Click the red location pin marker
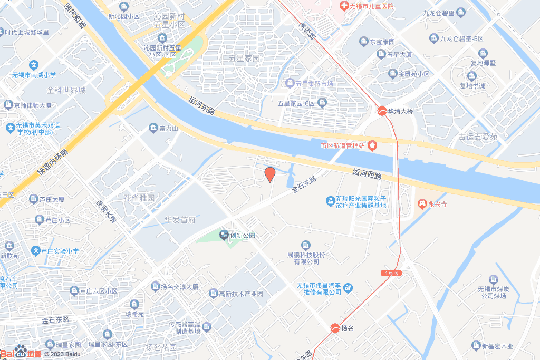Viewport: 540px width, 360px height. point(269,174)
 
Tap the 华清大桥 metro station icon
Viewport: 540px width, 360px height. point(381,111)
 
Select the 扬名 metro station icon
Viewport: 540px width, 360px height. point(335,328)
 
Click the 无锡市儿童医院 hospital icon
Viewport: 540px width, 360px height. point(343,6)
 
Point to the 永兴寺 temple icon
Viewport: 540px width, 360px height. point(422,203)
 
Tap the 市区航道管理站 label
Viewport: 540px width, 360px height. point(343,145)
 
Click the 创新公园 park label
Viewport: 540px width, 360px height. point(242,235)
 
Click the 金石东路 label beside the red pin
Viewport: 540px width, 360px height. point(304,186)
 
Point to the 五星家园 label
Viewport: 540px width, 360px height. point(245,58)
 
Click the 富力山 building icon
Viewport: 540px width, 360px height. point(153,128)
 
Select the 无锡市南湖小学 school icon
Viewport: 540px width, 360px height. point(34,65)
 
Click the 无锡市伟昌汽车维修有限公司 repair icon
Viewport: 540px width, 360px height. point(348,288)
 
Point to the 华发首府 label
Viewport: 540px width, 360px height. point(180,219)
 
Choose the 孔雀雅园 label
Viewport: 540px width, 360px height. point(139,198)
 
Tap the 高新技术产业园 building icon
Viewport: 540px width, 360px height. point(213,293)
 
